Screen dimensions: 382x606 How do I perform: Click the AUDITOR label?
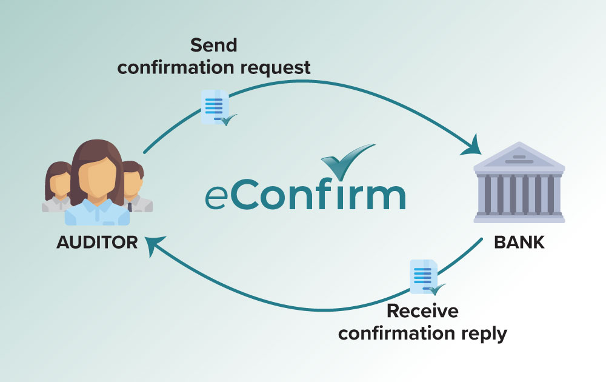click(97, 243)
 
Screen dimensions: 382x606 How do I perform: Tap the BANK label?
click(519, 243)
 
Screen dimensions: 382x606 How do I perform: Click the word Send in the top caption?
click(213, 45)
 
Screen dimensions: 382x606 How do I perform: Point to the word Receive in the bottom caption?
click(422, 311)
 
